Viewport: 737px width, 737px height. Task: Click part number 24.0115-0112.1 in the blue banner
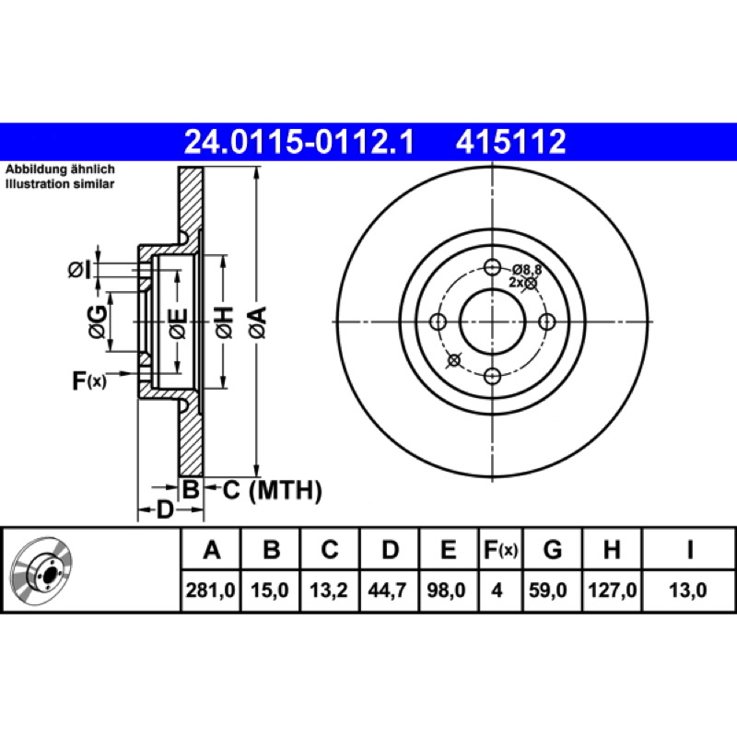pos(299,142)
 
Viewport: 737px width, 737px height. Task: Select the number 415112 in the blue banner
pos(511,142)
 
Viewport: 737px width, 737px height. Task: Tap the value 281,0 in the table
pos(211,590)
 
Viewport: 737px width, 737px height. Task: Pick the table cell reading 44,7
pos(387,590)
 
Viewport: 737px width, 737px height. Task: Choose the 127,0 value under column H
pos(613,590)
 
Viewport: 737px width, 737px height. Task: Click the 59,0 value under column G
pos(548,590)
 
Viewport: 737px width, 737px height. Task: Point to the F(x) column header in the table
pos(500,549)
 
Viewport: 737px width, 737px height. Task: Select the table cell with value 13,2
pos(329,590)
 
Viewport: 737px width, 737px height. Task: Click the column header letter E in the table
pos(449,549)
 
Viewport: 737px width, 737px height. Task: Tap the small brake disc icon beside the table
pos(41,570)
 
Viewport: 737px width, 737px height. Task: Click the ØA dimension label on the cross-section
pos(259,322)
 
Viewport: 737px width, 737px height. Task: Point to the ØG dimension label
pos(98,322)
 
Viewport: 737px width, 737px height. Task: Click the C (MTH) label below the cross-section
pos(272,490)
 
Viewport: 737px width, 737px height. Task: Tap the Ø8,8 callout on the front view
pos(527,270)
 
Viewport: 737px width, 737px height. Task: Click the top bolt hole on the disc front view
pos(492,268)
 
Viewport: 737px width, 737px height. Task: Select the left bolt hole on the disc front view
pos(439,322)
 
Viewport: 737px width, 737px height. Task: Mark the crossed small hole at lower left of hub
pos(454,360)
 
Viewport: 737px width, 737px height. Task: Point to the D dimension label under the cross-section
pos(165,509)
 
